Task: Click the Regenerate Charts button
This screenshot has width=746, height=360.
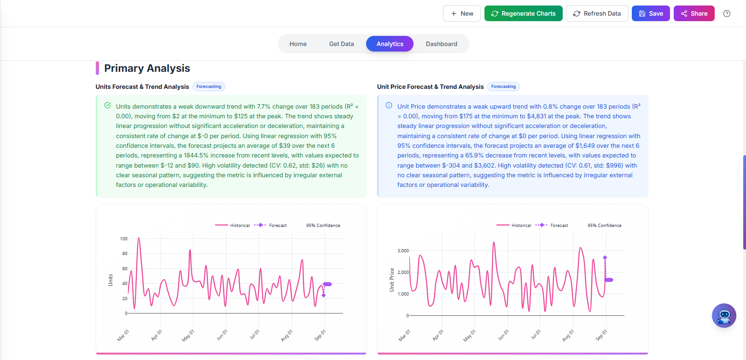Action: point(523,13)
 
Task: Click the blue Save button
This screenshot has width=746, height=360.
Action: point(650,13)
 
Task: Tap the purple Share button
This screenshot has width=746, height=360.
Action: point(694,13)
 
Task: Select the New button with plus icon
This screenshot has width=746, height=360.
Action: point(461,13)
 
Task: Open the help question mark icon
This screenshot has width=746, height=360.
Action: point(727,13)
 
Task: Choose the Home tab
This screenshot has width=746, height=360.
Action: point(298,44)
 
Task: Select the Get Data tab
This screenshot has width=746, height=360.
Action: point(341,44)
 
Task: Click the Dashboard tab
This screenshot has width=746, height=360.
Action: point(441,44)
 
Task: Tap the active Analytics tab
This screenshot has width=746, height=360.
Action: point(390,44)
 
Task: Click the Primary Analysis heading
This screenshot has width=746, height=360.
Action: point(147,68)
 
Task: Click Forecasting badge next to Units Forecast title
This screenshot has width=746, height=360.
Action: point(209,87)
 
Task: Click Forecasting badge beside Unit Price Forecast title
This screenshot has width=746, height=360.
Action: point(503,87)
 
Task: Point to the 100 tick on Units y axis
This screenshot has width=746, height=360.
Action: point(123,238)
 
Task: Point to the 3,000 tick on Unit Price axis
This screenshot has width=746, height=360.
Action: point(403,251)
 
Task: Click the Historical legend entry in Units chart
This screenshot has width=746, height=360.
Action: point(233,225)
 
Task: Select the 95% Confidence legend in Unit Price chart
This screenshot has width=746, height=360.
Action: point(604,225)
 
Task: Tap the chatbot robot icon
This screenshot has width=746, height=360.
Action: point(724,316)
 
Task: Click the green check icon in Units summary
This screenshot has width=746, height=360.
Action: point(107,105)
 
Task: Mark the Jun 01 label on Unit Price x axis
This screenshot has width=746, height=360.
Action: point(503,335)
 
